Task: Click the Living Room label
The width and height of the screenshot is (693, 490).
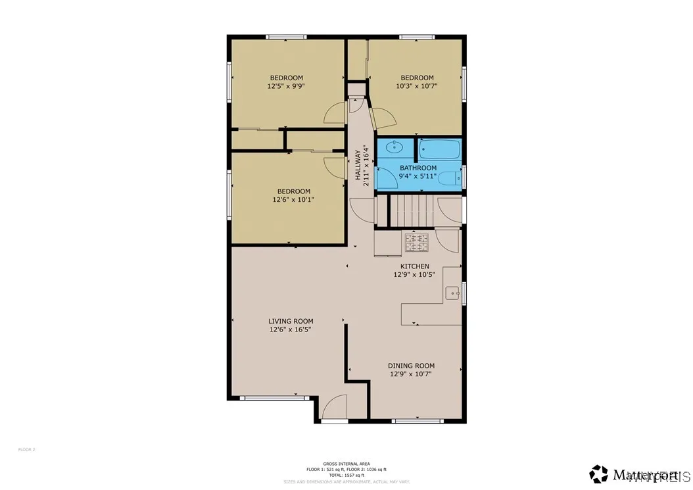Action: tap(290, 321)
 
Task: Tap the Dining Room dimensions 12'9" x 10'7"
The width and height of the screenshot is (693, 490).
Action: tap(411, 374)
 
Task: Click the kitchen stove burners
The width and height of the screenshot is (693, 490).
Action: tap(416, 242)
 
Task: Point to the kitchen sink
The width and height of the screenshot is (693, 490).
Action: tap(452, 293)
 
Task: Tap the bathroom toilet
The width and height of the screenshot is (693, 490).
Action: tap(451, 178)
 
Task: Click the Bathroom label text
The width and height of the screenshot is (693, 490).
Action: tap(418, 168)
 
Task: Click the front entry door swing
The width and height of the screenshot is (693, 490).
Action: tap(335, 408)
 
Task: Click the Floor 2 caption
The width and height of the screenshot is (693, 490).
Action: tap(26, 450)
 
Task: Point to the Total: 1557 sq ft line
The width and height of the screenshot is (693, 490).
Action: tap(346, 475)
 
